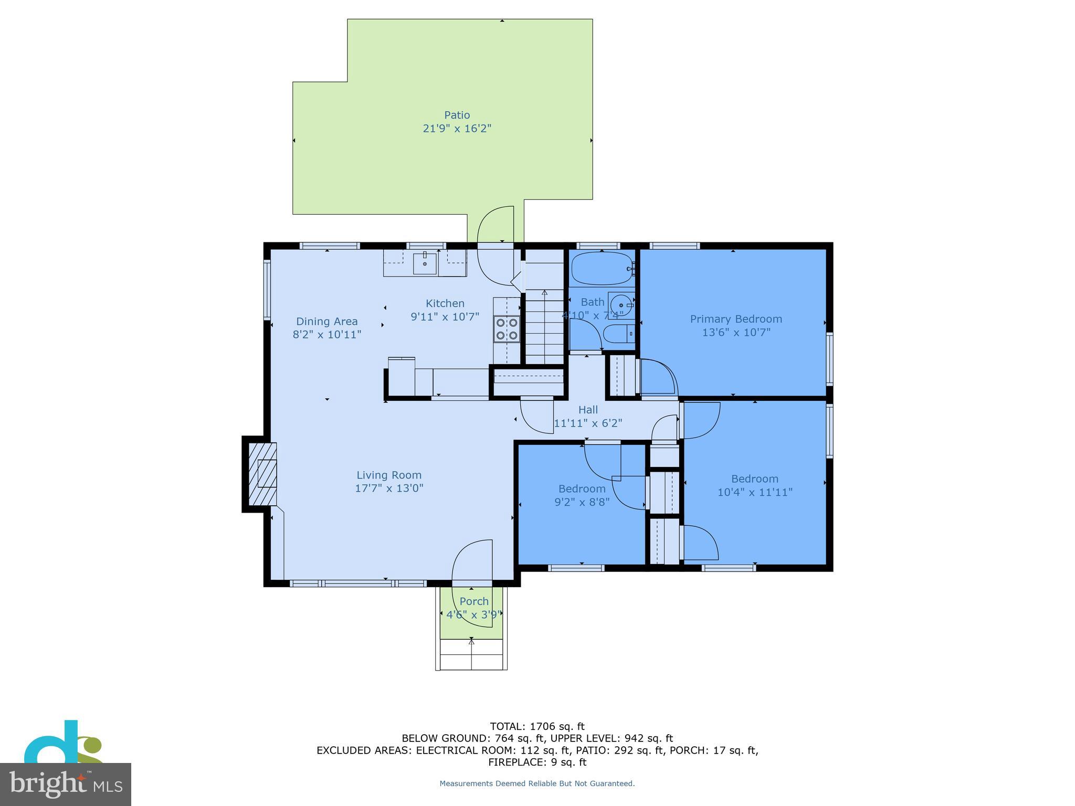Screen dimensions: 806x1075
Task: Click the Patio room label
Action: pyautogui.click(x=457, y=115)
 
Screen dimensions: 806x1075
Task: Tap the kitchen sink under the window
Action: pyautogui.click(x=425, y=263)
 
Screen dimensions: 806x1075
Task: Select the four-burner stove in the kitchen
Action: pyautogui.click(x=507, y=329)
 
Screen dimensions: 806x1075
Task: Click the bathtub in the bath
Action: pyautogui.click(x=602, y=269)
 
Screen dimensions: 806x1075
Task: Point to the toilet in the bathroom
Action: pyautogui.click(x=618, y=334)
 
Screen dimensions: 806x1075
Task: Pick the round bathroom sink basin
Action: pyautogui.click(x=621, y=304)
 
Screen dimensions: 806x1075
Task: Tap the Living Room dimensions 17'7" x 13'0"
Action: pyautogui.click(x=389, y=488)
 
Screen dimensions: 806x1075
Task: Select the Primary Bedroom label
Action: pyautogui.click(x=735, y=319)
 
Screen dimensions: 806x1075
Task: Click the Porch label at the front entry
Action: pyautogui.click(x=474, y=601)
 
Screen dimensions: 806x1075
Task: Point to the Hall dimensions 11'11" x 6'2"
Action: pyautogui.click(x=588, y=423)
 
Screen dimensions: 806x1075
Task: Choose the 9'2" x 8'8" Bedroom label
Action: pyautogui.click(x=582, y=489)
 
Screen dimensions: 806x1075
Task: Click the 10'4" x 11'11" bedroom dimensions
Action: pyautogui.click(x=754, y=492)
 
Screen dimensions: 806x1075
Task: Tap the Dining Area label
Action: pyautogui.click(x=326, y=321)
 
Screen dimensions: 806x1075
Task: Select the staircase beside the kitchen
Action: pyautogui.click(x=544, y=325)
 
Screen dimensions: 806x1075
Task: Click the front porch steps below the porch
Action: pyautogui.click(x=471, y=655)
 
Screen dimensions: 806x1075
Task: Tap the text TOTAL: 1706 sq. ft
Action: pyautogui.click(x=537, y=726)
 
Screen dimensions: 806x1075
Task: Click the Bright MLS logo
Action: pyautogui.click(x=65, y=784)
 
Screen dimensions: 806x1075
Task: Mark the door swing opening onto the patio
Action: pyautogui.click(x=496, y=226)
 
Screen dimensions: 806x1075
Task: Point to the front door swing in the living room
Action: pyautogui.click(x=471, y=561)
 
